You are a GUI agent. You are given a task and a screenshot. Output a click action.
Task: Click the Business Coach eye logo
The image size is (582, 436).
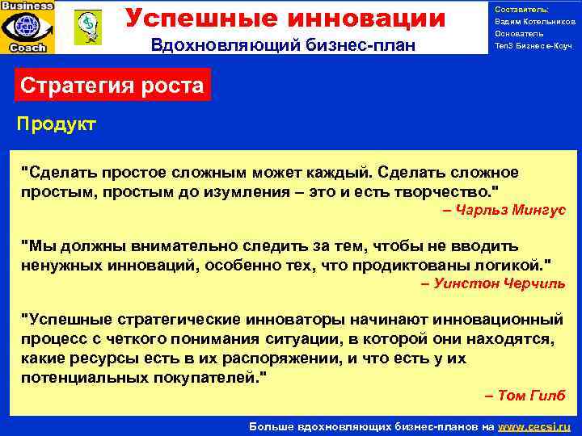(x=27, y=27)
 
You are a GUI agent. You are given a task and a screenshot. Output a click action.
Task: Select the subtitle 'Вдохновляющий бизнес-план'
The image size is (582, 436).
(x=283, y=46)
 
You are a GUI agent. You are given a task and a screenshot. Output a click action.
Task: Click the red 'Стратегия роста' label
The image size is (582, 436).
(x=112, y=85)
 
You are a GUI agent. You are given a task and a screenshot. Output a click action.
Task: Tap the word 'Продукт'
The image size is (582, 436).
(x=57, y=124)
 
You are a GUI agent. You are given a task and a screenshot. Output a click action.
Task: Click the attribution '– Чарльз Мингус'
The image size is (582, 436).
(x=504, y=210)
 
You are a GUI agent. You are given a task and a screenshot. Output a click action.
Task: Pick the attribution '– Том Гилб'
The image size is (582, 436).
(x=525, y=395)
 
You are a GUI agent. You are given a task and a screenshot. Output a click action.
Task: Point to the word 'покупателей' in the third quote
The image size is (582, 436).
(x=213, y=376)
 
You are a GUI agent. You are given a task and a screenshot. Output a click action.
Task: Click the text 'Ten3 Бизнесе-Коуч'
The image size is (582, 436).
(x=533, y=46)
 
